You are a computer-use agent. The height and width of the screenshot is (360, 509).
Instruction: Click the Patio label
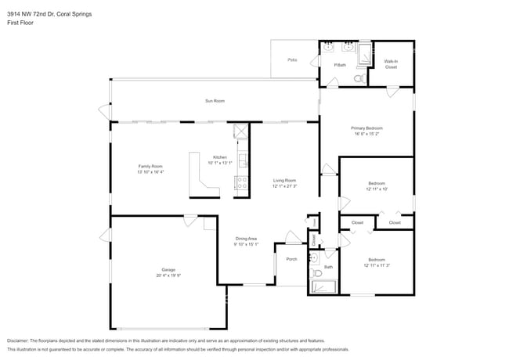click(x=292, y=59)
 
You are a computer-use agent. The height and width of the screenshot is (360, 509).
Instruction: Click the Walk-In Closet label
click(x=391, y=64)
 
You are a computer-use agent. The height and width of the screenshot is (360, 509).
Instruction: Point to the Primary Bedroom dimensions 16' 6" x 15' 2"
click(x=366, y=134)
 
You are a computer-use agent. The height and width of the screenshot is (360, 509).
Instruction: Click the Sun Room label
click(x=215, y=101)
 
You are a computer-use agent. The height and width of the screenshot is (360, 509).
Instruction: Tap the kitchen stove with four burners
click(x=241, y=185)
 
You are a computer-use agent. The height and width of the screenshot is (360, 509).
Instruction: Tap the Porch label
click(x=291, y=259)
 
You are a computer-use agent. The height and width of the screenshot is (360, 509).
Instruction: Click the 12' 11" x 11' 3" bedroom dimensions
click(x=377, y=265)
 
